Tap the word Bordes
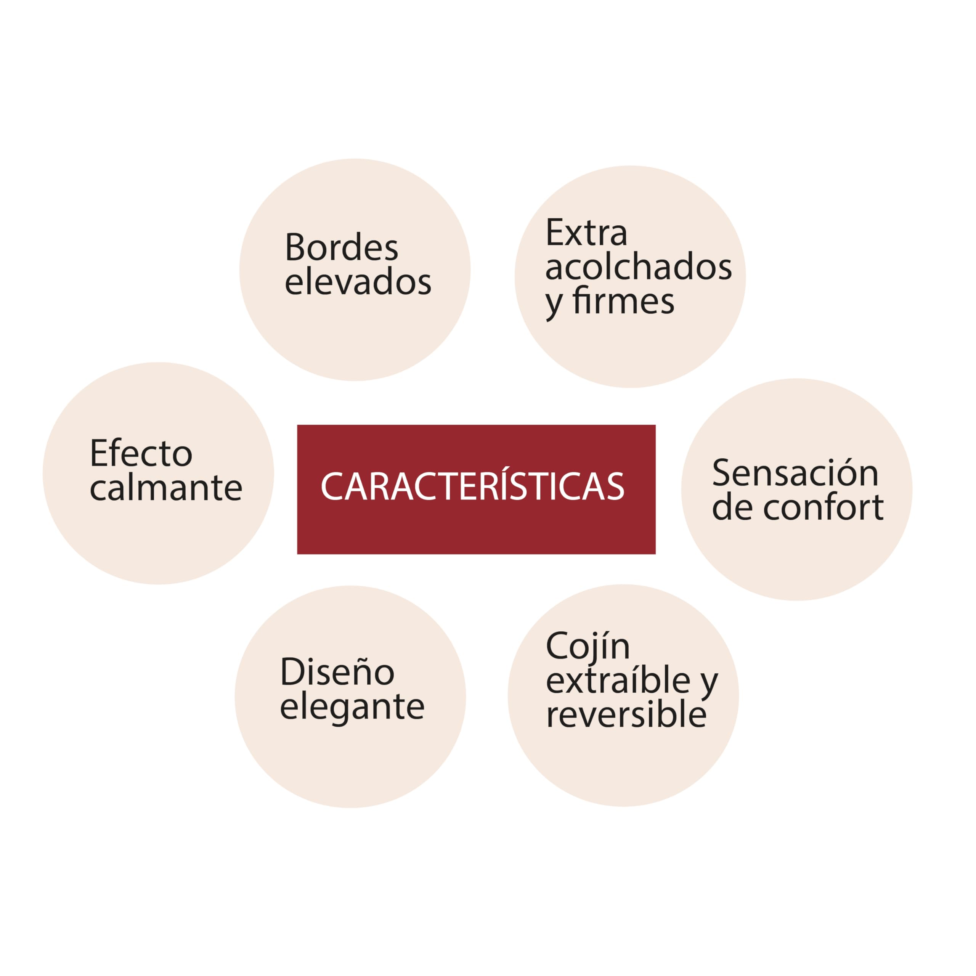[342, 247]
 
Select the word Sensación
[795, 472]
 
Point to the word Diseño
[337, 672]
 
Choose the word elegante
[352, 708]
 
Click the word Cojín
[588, 647]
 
